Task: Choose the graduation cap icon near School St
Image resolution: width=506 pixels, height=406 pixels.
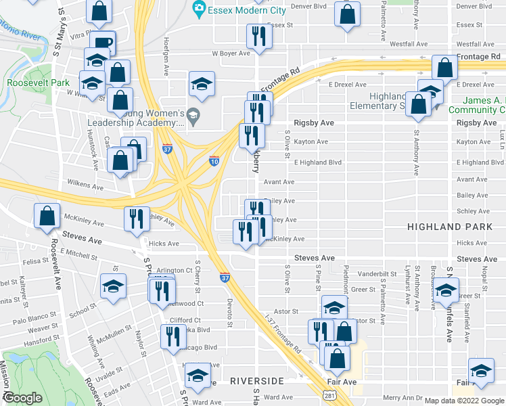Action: [x=114, y=287]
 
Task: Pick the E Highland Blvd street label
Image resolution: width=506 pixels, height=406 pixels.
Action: [x=318, y=162]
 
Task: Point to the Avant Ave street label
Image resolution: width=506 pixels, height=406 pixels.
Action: [x=279, y=182]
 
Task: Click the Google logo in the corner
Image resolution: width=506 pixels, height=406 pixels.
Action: [x=23, y=397]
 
